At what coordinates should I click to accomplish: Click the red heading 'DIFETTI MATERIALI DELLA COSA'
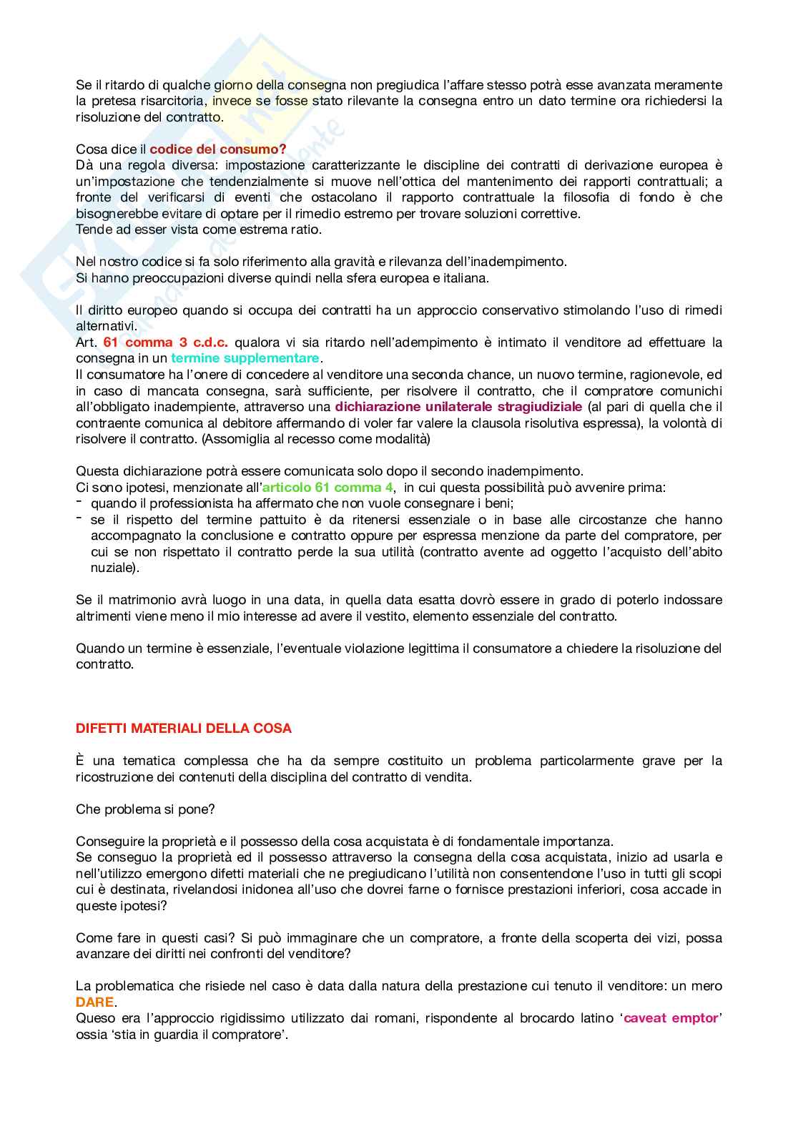[184, 729]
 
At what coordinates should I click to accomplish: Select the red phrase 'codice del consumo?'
[218, 149]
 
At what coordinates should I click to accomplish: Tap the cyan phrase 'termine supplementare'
[245, 358]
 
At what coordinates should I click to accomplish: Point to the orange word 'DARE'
[95, 1002]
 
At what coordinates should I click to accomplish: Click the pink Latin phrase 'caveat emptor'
[671, 1018]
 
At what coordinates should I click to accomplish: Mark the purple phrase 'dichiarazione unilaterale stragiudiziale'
[458, 407]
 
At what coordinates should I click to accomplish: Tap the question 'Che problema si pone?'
[146, 809]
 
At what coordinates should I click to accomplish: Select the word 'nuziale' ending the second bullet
[112, 568]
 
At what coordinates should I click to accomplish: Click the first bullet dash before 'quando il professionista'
[79, 503]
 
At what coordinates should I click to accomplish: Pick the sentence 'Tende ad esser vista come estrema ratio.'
[199, 230]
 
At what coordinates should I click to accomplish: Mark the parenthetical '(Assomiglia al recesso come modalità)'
[316, 439]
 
